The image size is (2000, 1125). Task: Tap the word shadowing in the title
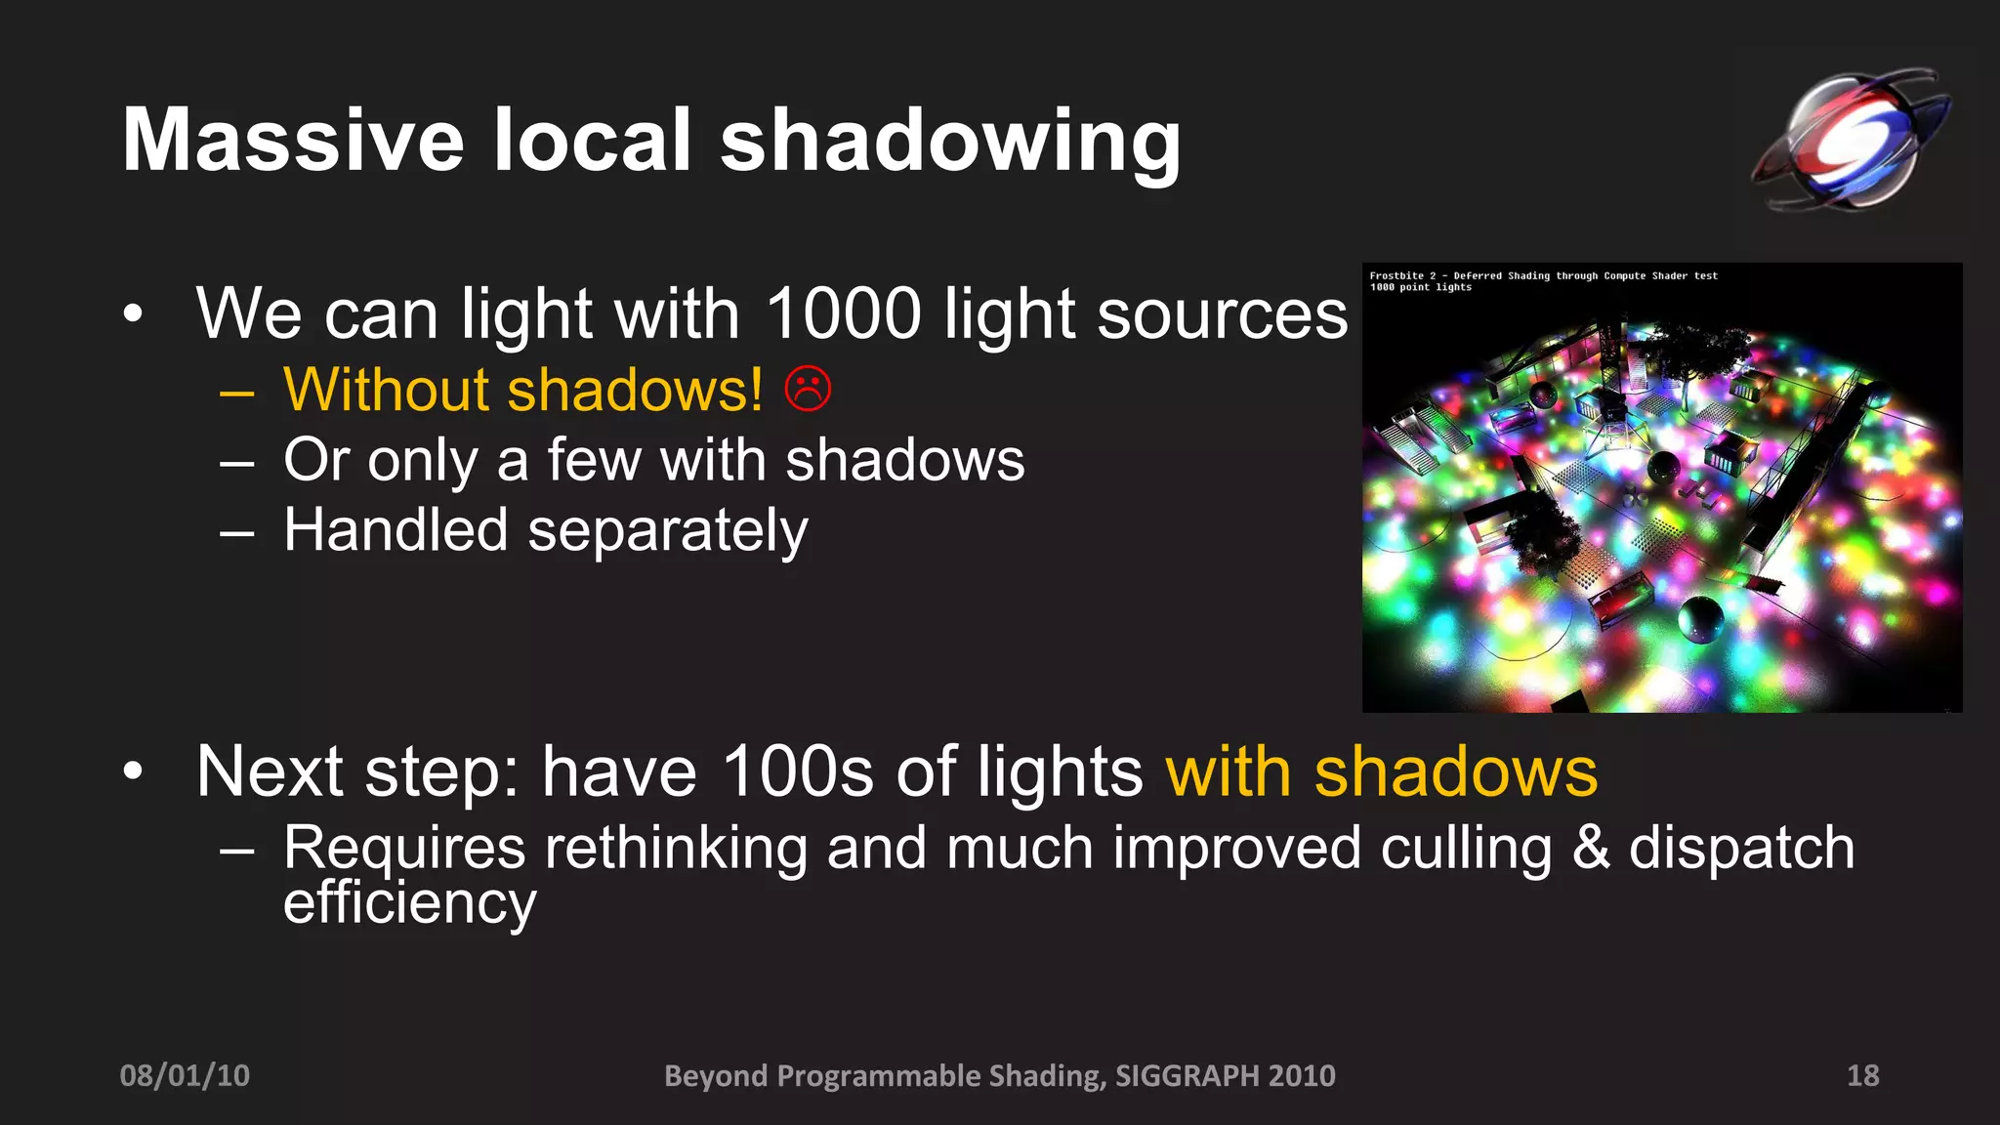click(x=950, y=142)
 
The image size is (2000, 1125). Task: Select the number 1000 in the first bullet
click(x=843, y=313)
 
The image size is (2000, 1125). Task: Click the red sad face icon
click(x=808, y=389)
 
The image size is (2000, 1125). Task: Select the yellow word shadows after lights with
click(x=1455, y=771)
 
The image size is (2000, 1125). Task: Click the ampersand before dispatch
click(x=1591, y=847)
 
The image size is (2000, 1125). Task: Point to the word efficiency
click(x=409, y=902)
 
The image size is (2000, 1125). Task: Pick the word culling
click(x=1466, y=848)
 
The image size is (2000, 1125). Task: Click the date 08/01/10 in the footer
click(x=185, y=1075)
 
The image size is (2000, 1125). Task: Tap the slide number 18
click(x=1862, y=1075)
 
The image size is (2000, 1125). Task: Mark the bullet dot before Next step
click(x=133, y=771)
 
